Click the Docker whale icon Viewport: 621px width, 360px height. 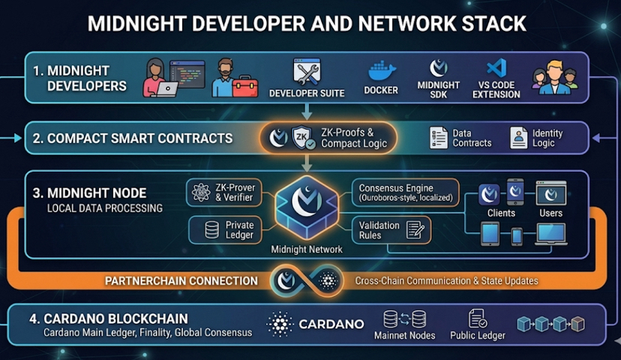(x=382, y=71)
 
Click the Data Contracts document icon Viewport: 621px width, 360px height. (x=439, y=137)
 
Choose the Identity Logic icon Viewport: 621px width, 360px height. (x=519, y=137)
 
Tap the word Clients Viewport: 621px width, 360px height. (x=501, y=213)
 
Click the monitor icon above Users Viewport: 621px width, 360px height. (x=550, y=193)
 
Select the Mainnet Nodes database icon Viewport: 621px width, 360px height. (x=404, y=318)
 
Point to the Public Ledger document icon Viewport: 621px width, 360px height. (x=477, y=318)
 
